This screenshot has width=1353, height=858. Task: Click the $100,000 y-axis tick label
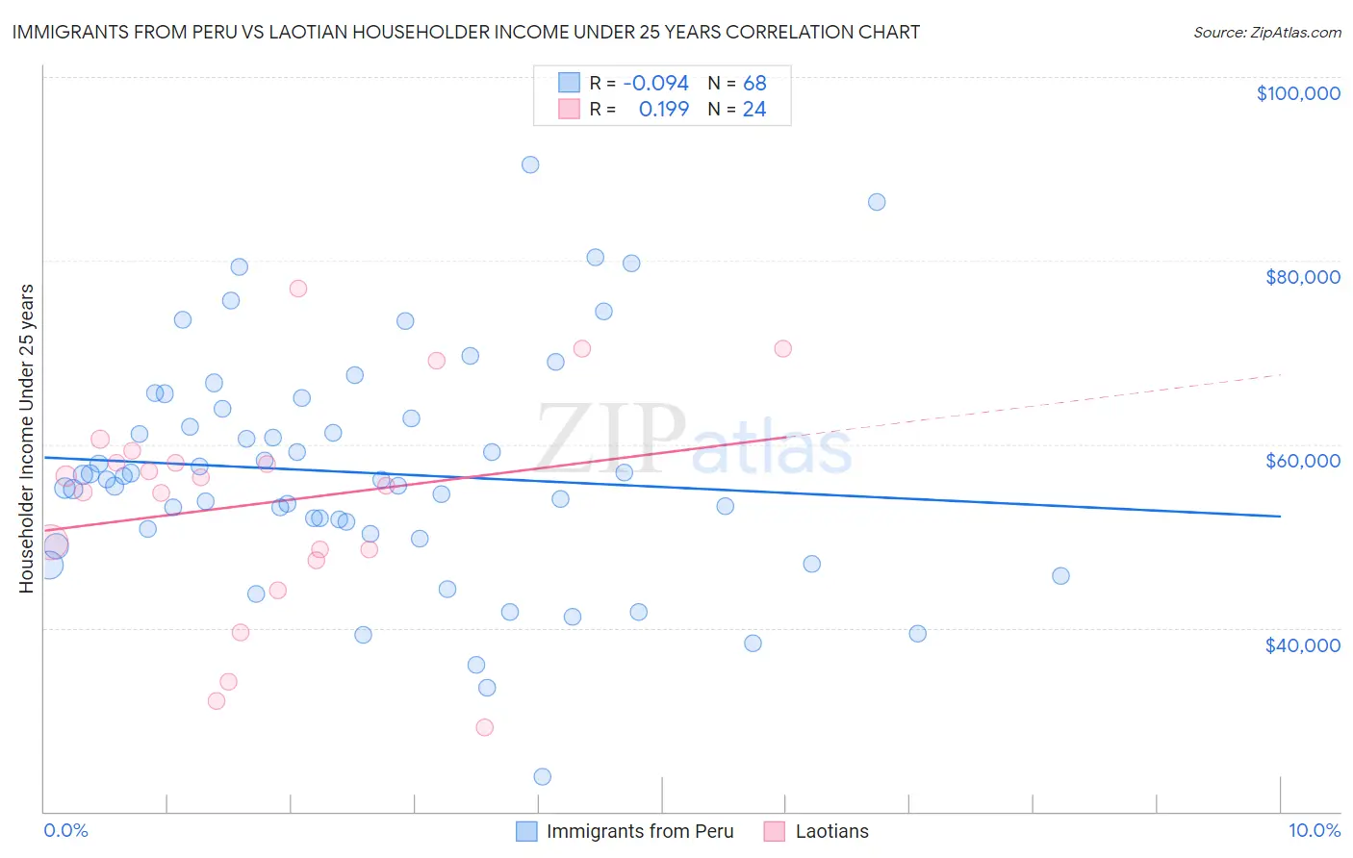(x=1298, y=93)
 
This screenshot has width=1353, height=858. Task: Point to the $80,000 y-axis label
(x=1302, y=277)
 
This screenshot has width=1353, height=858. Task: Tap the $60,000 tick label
(x=1302, y=461)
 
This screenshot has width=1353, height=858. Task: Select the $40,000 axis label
(x=1302, y=644)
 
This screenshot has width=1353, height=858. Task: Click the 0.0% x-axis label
(x=65, y=830)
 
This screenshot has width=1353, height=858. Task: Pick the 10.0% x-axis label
(x=1314, y=830)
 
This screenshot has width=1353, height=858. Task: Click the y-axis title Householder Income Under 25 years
(x=26, y=438)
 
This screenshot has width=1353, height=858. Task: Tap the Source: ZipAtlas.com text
(x=1266, y=33)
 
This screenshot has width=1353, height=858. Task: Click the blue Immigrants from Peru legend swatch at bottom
(x=526, y=831)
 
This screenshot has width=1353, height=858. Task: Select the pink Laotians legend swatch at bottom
(x=775, y=831)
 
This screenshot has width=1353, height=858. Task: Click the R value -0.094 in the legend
(x=655, y=84)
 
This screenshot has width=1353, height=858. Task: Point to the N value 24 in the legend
(x=753, y=110)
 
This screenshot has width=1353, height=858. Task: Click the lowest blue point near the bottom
(x=542, y=776)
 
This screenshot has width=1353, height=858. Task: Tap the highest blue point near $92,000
(x=530, y=164)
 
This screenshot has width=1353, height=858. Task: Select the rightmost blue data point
(x=1060, y=576)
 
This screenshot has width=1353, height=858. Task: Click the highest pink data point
(x=298, y=289)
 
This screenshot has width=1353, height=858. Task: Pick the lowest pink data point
(x=485, y=727)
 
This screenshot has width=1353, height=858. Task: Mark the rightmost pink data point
(x=783, y=348)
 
